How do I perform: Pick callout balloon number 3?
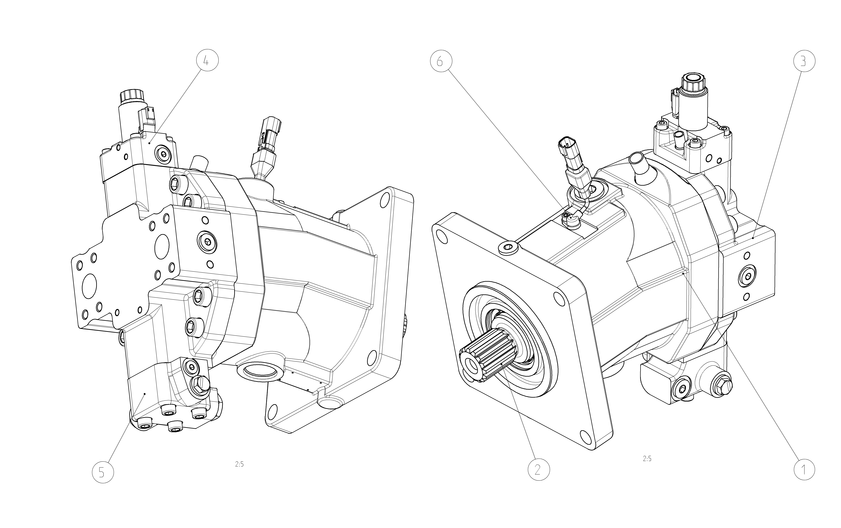[804, 61]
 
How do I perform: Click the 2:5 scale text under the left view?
[239, 464]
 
